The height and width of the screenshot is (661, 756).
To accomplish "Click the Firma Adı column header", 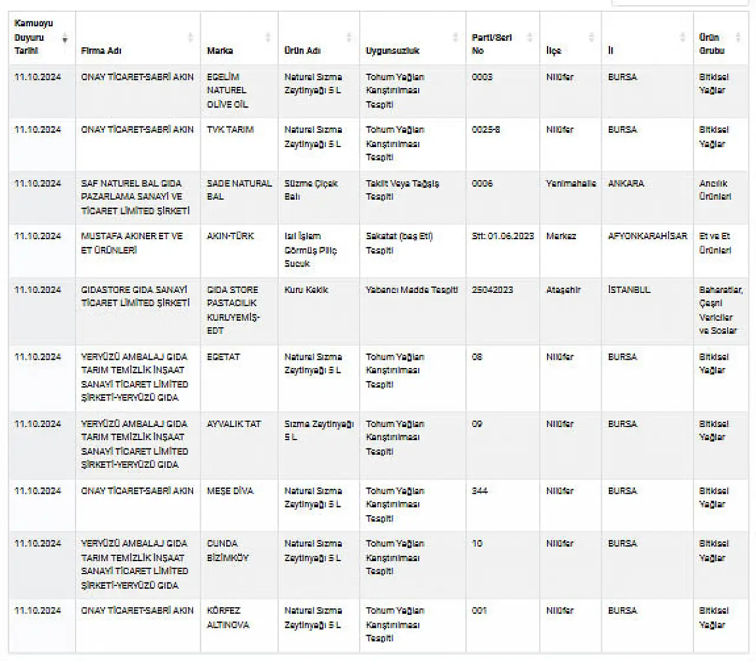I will [x=101, y=51].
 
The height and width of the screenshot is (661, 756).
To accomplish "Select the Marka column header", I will [x=220, y=51].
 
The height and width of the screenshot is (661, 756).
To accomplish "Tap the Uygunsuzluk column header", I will [x=392, y=51].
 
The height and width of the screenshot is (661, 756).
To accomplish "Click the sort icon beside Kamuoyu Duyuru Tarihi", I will [x=65, y=39].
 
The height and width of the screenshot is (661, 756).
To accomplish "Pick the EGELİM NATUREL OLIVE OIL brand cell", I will [x=227, y=90].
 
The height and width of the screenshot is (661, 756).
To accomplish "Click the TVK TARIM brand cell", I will [x=230, y=130].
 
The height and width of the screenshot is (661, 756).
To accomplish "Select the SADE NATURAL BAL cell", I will [x=239, y=190].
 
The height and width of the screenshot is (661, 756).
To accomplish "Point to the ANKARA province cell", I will [x=625, y=183].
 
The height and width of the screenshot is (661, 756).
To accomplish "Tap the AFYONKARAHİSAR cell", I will [x=647, y=236].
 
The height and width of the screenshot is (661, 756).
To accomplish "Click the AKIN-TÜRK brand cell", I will [x=230, y=236].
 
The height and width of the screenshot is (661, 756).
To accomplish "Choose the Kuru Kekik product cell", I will [x=306, y=289].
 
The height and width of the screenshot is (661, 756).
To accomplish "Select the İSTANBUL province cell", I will [x=629, y=289].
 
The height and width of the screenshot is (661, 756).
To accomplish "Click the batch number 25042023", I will [x=493, y=289].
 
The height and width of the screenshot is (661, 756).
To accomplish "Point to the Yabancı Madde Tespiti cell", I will [x=412, y=289].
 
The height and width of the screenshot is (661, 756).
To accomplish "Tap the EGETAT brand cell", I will [x=223, y=357].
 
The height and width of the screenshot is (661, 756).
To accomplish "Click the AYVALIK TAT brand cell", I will [x=233, y=424].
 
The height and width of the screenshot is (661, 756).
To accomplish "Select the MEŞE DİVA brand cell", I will [x=230, y=491].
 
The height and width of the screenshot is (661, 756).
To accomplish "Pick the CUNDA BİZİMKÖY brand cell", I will [x=227, y=551].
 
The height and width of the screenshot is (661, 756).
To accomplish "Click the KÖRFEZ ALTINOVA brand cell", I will [x=227, y=617].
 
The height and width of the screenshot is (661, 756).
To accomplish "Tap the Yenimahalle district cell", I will [x=571, y=183].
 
